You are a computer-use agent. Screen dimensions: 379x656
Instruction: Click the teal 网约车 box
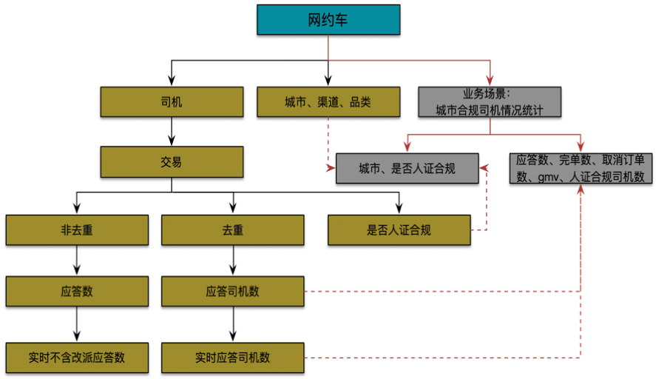328,20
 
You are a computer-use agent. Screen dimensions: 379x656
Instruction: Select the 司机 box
172,102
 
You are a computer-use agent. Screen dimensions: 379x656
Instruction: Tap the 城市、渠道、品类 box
328,102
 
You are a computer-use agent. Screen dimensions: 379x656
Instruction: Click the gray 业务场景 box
489,102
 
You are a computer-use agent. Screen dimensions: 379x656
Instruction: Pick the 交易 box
172,162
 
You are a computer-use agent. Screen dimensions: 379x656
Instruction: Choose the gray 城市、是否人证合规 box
407,169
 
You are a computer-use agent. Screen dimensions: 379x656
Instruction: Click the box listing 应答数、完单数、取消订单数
581,168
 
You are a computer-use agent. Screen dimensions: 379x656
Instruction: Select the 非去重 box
77,230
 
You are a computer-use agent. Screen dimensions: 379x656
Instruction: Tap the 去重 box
233,230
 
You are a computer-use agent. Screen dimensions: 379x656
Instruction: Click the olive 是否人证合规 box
399,230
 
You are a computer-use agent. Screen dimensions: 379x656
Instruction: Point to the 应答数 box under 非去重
77,292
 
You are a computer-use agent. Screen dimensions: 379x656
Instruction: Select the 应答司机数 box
233,292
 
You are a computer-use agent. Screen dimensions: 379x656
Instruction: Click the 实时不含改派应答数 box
77,358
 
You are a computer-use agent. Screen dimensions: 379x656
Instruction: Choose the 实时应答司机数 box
233,358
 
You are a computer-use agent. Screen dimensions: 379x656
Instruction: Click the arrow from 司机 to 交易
172,132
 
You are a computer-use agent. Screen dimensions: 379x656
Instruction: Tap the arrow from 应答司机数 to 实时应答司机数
233,324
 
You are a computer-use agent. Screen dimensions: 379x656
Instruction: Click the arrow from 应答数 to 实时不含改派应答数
77,324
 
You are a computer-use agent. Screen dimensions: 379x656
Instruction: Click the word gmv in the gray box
545,177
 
